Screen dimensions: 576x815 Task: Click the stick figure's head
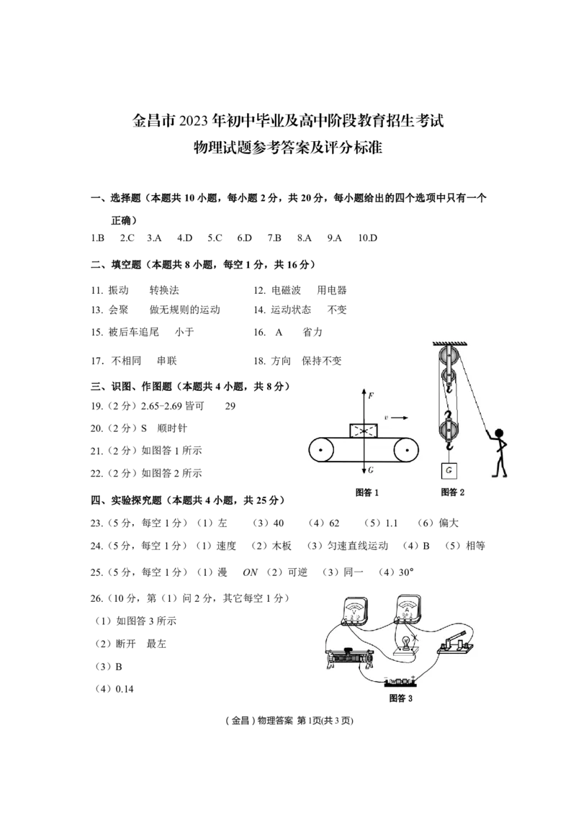pyautogui.click(x=498, y=434)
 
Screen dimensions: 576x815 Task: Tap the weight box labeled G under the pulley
pyautogui.click(x=449, y=470)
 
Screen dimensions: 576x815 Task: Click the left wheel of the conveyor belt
pyautogui.click(x=321, y=450)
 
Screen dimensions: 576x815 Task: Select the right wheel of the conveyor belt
pyautogui.click(x=407, y=450)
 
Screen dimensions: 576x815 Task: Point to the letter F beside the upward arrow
pyautogui.click(x=371, y=395)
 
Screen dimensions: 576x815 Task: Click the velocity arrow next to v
pyautogui.click(x=399, y=418)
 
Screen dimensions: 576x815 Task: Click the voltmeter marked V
pyautogui.click(x=354, y=610)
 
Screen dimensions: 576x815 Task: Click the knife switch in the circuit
pyautogui.click(x=455, y=643)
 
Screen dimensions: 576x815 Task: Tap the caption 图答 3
pyautogui.click(x=401, y=698)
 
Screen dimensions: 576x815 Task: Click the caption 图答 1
pyautogui.click(x=367, y=492)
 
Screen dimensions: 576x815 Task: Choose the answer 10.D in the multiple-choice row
pyautogui.click(x=367, y=238)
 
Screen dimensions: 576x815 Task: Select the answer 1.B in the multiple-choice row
pyautogui.click(x=98, y=238)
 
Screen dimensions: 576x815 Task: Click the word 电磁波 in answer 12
pyautogui.click(x=286, y=290)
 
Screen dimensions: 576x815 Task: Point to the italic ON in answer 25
pyautogui.click(x=250, y=572)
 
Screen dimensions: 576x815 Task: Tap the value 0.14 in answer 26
pyautogui.click(x=125, y=689)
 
